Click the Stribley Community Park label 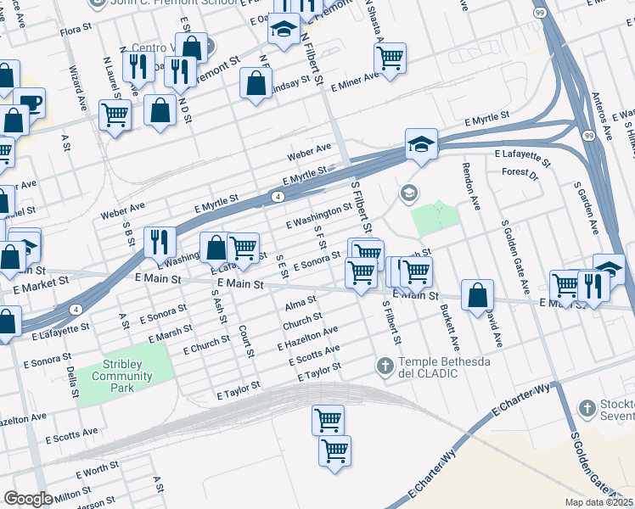click(x=122, y=376)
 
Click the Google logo click(x=28, y=499)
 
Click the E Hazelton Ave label click(x=307, y=338)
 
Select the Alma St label click(x=301, y=303)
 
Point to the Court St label click(x=245, y=340)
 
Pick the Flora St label click(x=76, y=32)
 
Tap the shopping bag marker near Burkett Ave click(x=478, y=294)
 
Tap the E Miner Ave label click(x=354, y=83)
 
